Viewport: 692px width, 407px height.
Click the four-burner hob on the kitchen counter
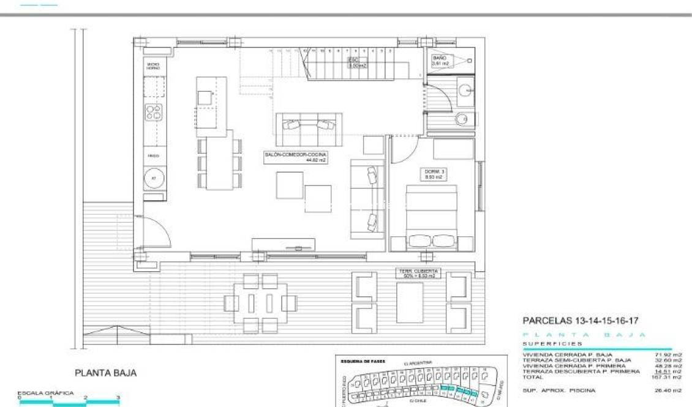pyautogui.click(x=154, y=112)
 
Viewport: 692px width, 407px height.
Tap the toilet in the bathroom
pyautogui.click(x=465, y=119)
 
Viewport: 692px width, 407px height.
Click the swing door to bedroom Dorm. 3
pyautogui.click(x=405, y=150)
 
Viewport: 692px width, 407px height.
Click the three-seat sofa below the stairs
pyautogui.click(x=308, y=129)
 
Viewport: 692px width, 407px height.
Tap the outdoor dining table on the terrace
pyautogui.click(x=260, y=302)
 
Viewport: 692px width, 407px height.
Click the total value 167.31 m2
pyautogui.click(x=669, y=376)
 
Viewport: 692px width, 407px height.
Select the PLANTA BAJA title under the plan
pyautogui.click(x=105, y=373)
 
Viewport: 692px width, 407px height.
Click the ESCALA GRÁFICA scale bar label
pyautogui.click(x=45, y=393)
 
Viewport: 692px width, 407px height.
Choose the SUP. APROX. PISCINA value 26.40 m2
pyautogui.click(x=669, y=390)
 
